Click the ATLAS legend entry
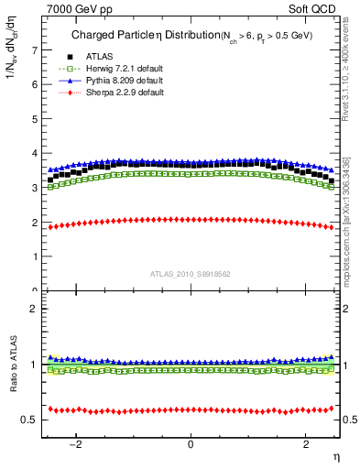(97, 57)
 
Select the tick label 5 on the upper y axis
(35, 118)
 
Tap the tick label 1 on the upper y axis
(35, 256)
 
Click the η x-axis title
(334, 456)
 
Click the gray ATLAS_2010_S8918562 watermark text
(191, 274)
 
